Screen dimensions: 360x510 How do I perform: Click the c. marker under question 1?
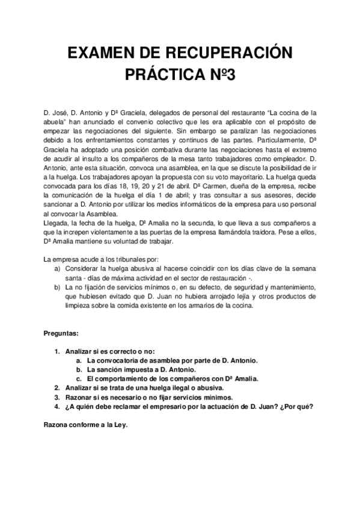tap(79, 379)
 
